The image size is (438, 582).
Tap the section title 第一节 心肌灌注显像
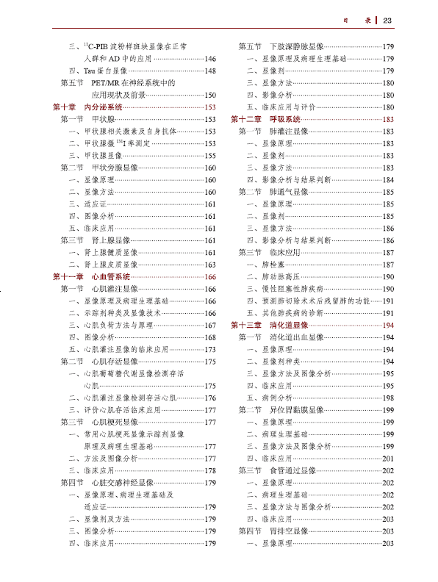pyautogui.click(x=100, y=289)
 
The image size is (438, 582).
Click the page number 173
pyautogui.click(x=210, y=350)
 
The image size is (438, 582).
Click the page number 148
pyautogui.click(x=210, y=71)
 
